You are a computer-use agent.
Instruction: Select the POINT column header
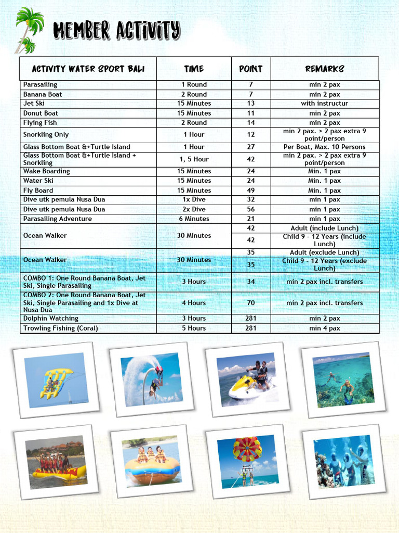pos(250,69)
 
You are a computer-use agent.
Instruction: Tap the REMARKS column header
pos(325,69)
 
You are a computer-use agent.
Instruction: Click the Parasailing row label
pos(41,84)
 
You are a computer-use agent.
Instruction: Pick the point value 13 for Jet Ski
pos(251,104)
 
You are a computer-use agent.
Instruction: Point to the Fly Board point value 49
pos(251,191)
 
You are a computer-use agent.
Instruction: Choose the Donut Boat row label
pos(41,113)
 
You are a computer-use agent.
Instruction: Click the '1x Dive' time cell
pos(194,200)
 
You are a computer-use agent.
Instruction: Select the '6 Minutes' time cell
pos(194,219)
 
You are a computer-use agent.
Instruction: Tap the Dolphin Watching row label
pos(51,319)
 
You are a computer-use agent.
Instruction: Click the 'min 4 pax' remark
pos(325,328)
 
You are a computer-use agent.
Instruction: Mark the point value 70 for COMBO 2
pos(251,303)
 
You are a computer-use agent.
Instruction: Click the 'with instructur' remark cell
pos(325,104)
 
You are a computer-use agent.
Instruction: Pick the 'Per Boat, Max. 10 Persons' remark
pos(325,147)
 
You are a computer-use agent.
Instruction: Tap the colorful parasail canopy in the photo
pos(247,449)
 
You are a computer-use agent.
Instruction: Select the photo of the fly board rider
pos(151,379)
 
